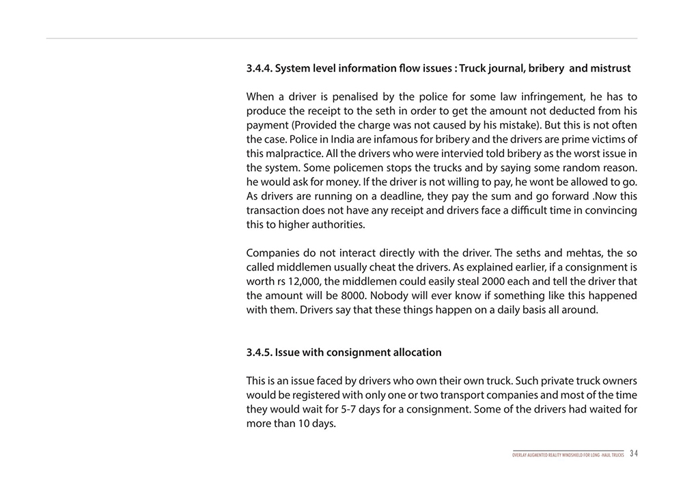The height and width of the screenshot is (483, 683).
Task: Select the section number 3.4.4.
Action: [x=259, y=68]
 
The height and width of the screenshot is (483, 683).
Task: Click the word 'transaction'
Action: [x=274, y=210]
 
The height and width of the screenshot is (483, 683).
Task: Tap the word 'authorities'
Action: [x=335, y=224]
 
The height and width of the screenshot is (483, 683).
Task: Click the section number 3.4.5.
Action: [x=259, y=353]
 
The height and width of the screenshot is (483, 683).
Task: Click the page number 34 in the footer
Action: [x=634, y=454]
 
